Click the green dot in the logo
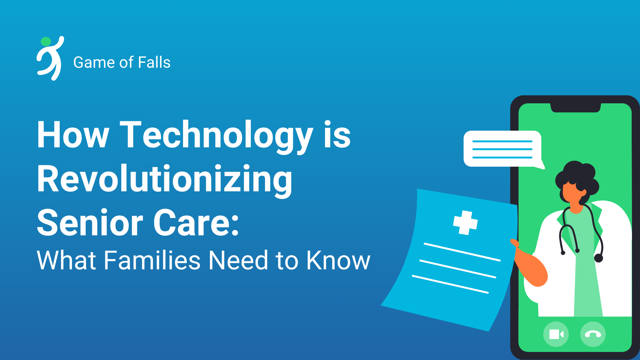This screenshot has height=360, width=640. click(x=46, y=42)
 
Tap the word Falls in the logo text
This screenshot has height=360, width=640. click(x=154, y=62)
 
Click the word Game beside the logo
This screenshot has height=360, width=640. click(x=94, y=62)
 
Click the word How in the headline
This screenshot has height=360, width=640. click(x=73, y=135)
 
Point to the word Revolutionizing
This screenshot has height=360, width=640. click(x=165, y=180)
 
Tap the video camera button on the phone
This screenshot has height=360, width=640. click(x=556, y=334)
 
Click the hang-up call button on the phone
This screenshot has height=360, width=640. click(x=593, y=334)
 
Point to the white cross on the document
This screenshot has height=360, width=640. click(x=465, y=223)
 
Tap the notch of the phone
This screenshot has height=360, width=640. click(x=575, y=108)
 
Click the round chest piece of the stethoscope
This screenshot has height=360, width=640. click(x=599, y=258)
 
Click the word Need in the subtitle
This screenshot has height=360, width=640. click(x=238, y=260)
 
